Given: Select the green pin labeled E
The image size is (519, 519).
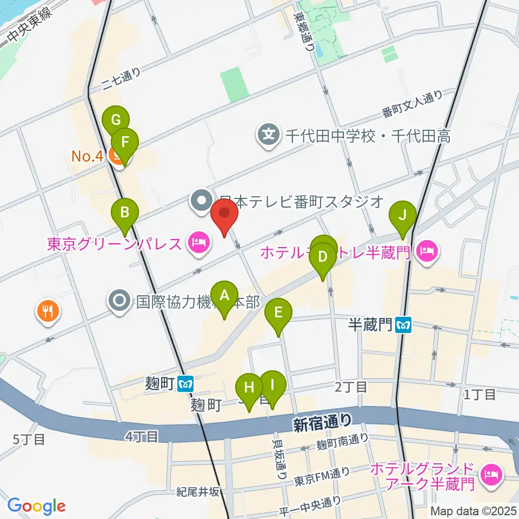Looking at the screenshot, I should point(278,313).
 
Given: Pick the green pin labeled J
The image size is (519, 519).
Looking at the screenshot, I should point(402,215).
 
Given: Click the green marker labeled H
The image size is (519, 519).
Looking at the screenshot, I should point(249,388).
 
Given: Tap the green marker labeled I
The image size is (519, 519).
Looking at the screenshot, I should point(272,385).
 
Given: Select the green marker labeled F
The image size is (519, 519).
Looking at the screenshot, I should point(125,143).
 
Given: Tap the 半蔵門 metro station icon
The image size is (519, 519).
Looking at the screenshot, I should point(403,325).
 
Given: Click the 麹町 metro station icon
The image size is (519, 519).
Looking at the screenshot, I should point(185,383).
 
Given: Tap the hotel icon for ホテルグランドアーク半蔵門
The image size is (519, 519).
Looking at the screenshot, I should point(492,474).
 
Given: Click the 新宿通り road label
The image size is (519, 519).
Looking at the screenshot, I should point(322,422).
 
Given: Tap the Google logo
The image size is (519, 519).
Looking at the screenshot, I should point(36,506).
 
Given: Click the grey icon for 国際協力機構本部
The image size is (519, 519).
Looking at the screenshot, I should point(118,301).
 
